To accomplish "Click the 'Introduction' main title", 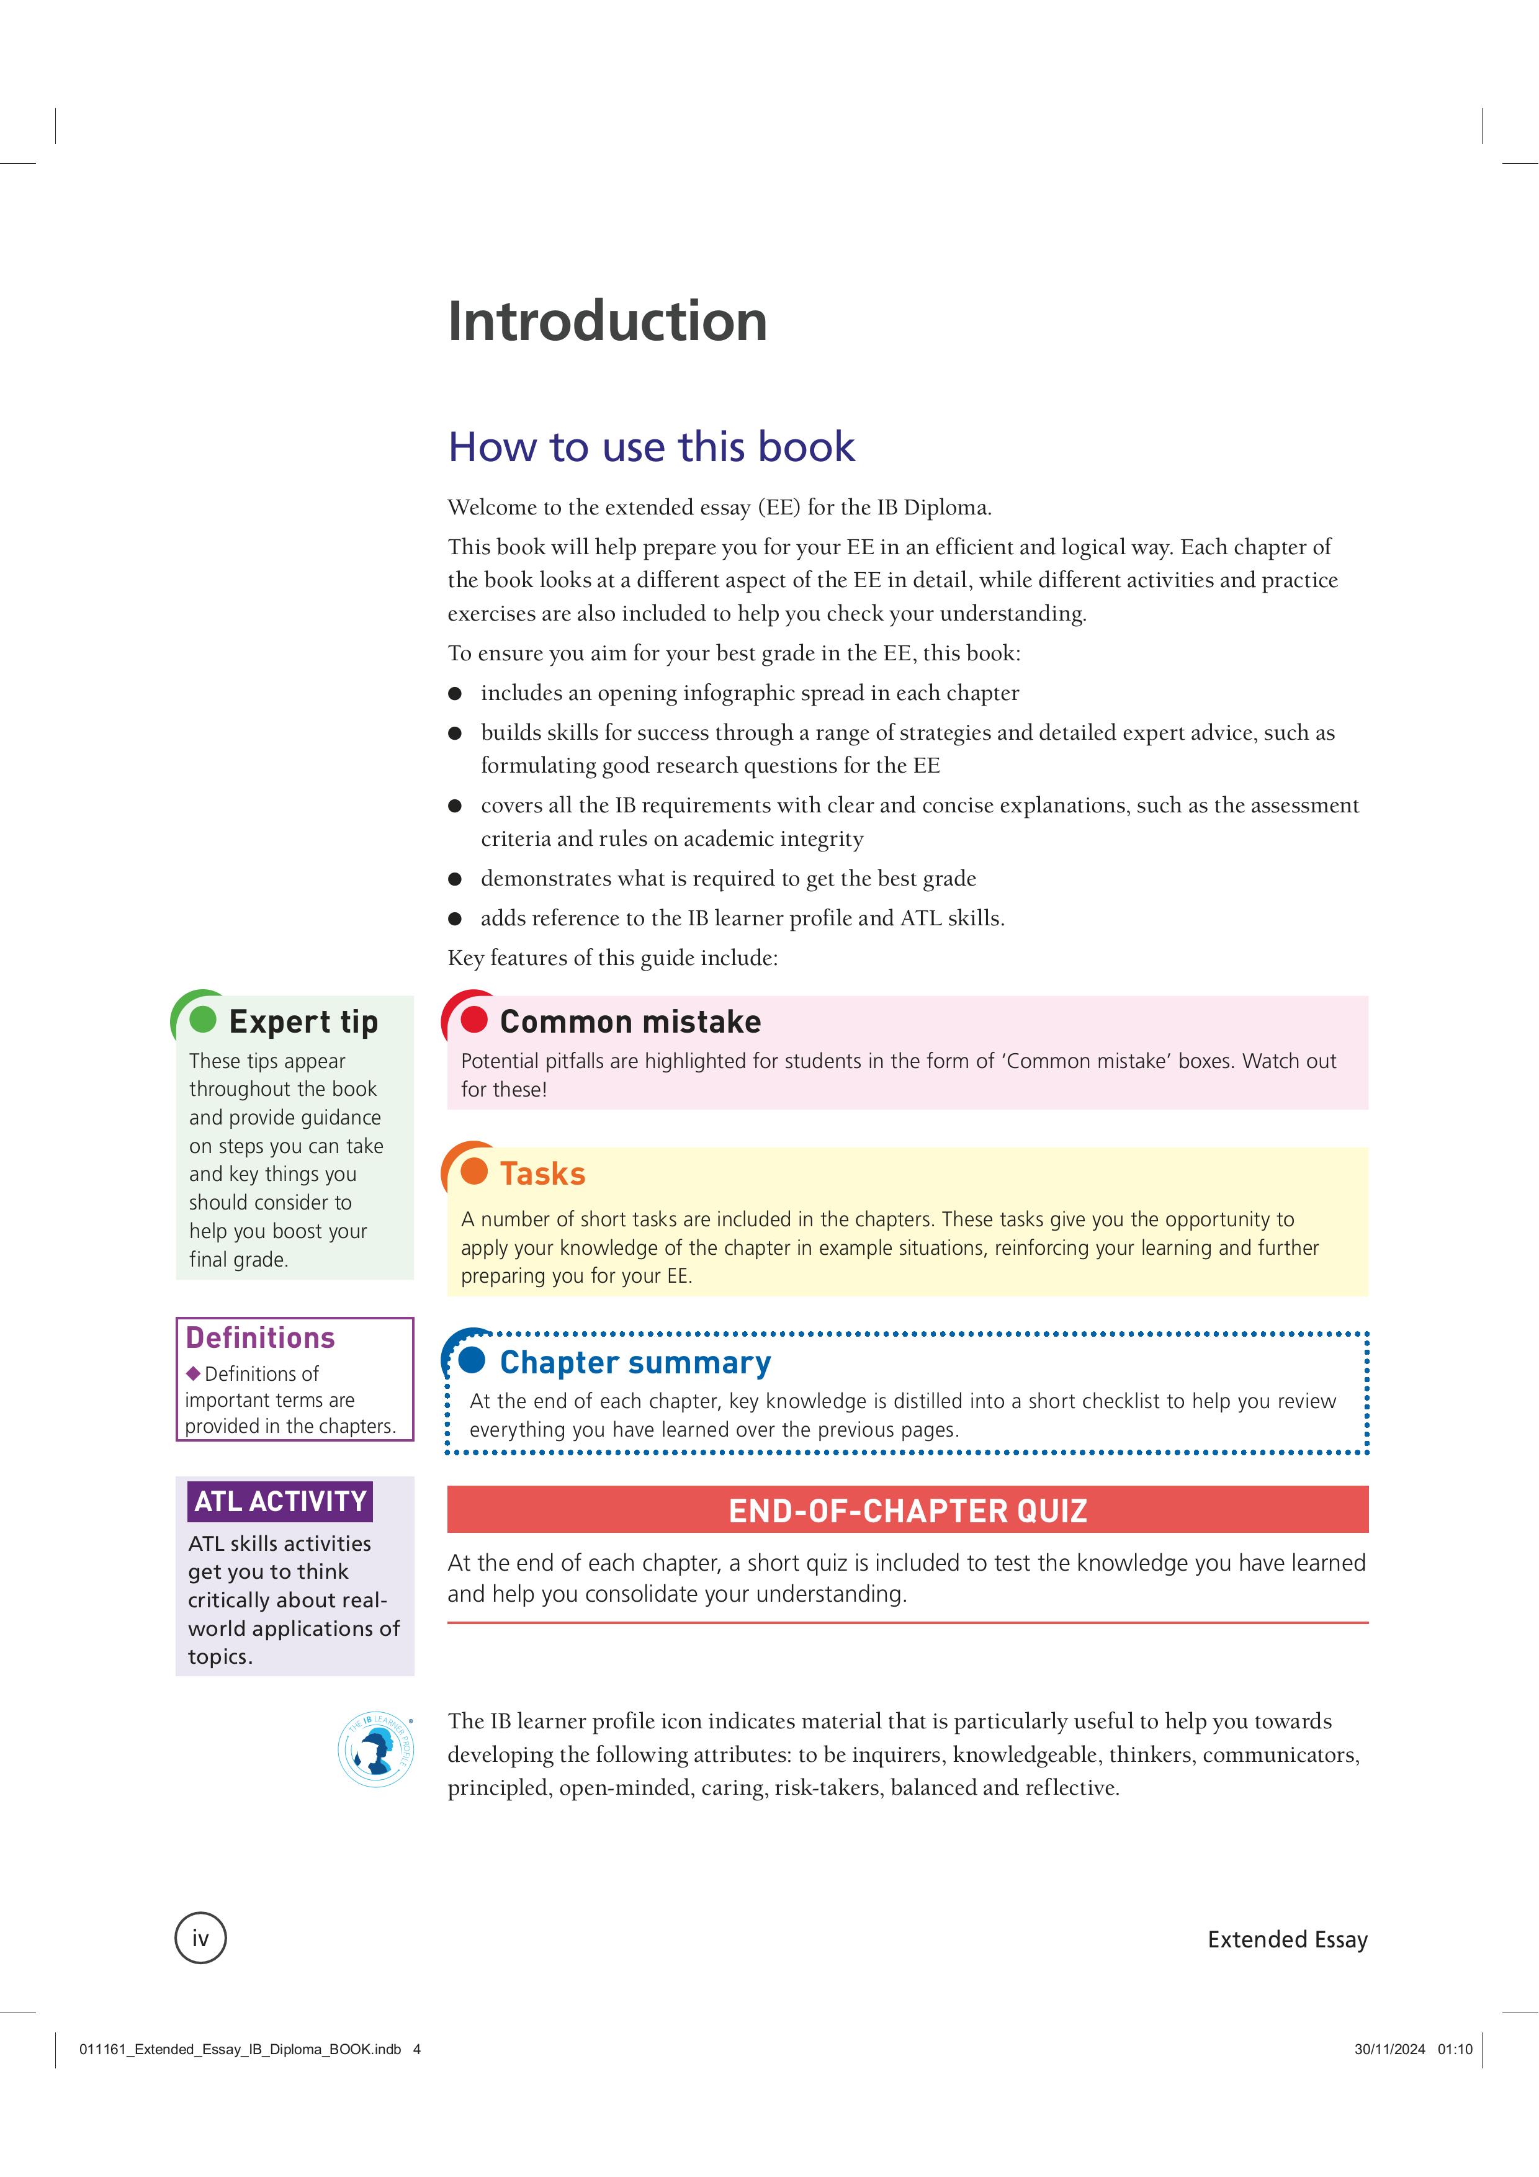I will (607, 321).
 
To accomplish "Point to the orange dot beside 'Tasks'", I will (473, 1171).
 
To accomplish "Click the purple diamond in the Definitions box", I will (194, 1373).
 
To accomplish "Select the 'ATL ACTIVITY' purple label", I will (280, 1501).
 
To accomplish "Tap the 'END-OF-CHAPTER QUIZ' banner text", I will (907, 1510).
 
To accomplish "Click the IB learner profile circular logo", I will (377, 1750).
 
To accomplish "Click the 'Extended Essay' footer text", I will (1287, 1939).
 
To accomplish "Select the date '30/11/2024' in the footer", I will (1389, 2049).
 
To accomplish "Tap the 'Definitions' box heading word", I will (260, 1338).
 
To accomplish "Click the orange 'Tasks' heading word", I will (542, 1174).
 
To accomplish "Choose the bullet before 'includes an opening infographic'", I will (455, 694).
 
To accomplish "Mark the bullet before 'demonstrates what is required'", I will (455, 879).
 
